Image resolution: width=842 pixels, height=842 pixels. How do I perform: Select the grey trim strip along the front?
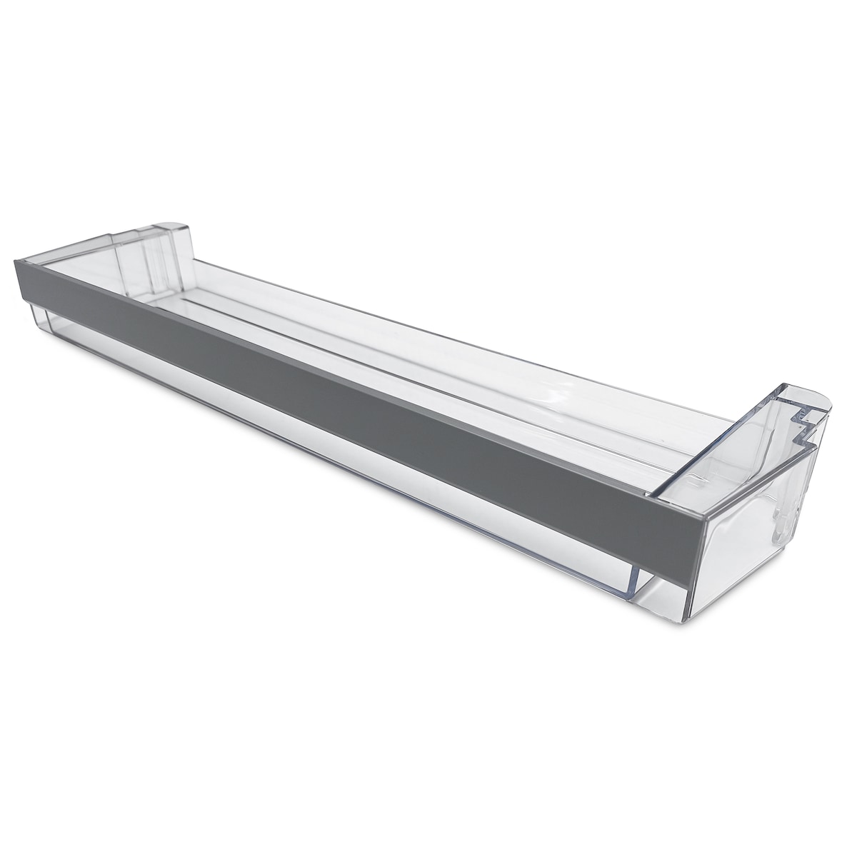click(x=357, y=401)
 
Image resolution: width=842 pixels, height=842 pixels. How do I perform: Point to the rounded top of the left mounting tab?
click(x=174, y=230)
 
